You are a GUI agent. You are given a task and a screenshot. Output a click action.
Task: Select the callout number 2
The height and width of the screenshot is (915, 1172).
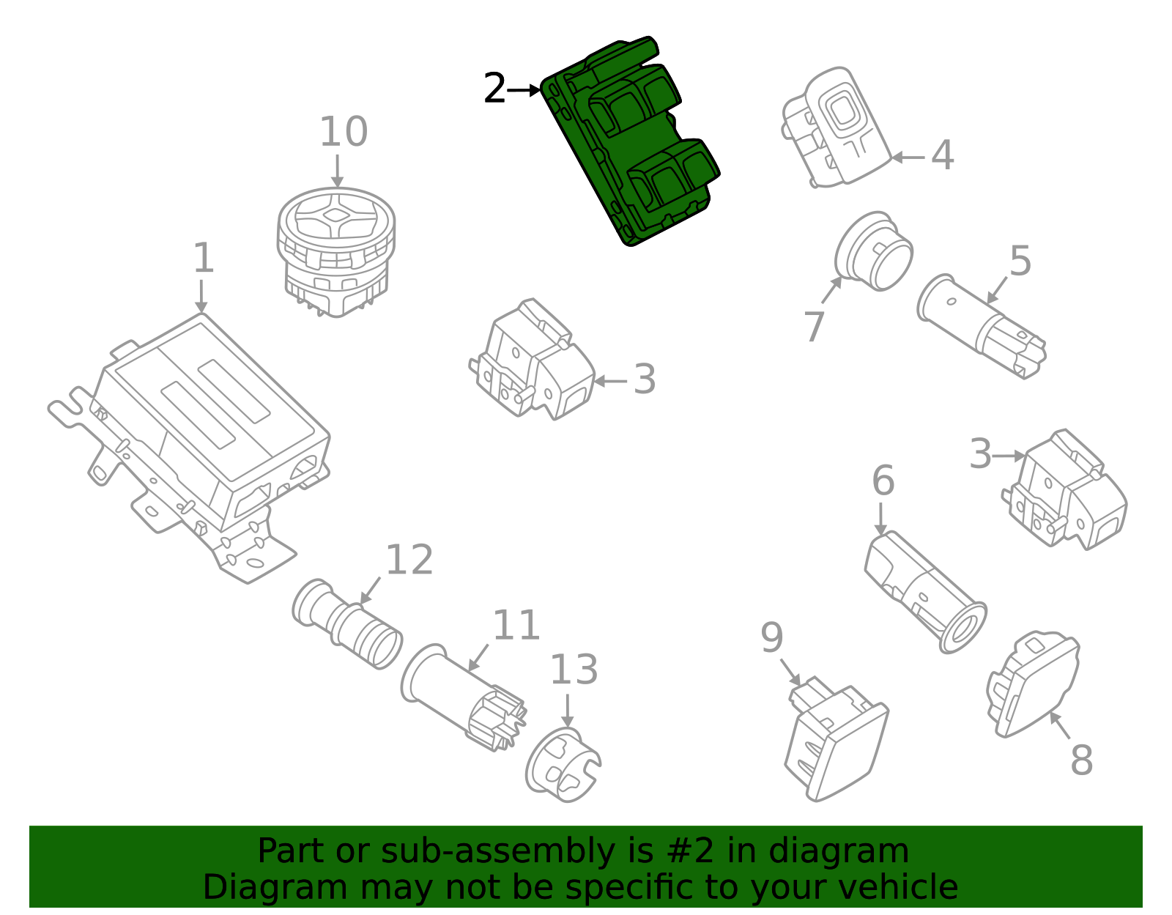[495, 90]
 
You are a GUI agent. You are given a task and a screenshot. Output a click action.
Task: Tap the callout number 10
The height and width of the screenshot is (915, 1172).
[343, 133]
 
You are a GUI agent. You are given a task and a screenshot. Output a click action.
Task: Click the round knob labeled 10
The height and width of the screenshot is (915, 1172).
[336, 249]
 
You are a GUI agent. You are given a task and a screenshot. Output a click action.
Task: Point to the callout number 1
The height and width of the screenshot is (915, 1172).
[203, 259]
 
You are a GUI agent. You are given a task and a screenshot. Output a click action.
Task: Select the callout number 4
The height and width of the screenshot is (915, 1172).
[942, 156]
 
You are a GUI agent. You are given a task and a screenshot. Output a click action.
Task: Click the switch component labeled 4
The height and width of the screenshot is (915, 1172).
[835, 128]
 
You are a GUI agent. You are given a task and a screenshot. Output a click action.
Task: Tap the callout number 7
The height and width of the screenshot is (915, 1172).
[814, 326]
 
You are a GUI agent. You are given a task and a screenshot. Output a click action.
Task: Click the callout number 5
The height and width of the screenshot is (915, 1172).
[1020, 262]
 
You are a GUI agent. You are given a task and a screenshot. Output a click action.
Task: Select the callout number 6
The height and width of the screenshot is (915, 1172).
[883, 481]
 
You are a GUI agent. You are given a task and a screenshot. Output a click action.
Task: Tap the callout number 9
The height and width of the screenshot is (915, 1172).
[772, 638]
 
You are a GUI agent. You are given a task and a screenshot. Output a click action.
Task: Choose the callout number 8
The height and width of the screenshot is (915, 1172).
[1081, 760]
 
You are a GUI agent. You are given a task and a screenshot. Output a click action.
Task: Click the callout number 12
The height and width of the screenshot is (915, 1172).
[409, 561]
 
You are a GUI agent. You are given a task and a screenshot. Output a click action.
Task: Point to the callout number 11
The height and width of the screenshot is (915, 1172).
[516, 626]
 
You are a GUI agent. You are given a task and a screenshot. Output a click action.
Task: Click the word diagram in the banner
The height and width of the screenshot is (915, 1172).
[839, 851]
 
